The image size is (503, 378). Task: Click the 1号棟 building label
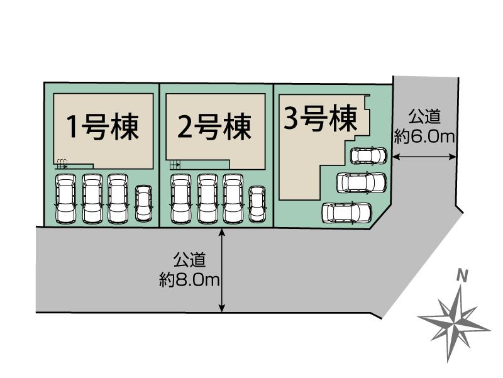pyautogui.click(x=102, y=127)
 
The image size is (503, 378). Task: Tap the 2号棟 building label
pyautogui.click(x=214, y=127)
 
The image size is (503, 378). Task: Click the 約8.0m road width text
pyautogui.click(x=189, y=281)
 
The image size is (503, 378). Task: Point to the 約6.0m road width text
pyautogui.click(x=424, y=137)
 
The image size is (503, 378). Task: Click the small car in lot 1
pyautogui.click(x=143, y=203)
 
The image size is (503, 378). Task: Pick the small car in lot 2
pyautogui.click(x=257, y=204)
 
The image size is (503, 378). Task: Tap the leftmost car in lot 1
pyautogui.click(x=66, y=199)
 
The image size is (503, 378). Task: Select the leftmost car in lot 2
pyautogui.click(x=181, y=199)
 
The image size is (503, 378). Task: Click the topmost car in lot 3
pyautogui.click(x=368, y=155)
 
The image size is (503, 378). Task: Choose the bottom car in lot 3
pyautogui.click(x=347, y=212)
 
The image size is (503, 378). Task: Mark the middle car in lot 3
pyautogui.click(x=362, y=182)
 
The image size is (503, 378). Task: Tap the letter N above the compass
pyautogui.click(x=462, y=275)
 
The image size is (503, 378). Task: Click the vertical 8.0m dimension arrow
pyautogui.click(x=222, y=270)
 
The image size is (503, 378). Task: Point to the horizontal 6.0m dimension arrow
pyautogui.click(x=425, y=157)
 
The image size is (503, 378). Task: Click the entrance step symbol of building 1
pyautogui.click(x=61, y=164)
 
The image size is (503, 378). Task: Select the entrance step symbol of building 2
pyautogui.click(x=175, y=165)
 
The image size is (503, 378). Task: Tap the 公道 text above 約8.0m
pyautogui.click(x=189, y=260)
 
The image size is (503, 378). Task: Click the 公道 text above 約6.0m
pyautogui.click(x=424, y=117)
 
